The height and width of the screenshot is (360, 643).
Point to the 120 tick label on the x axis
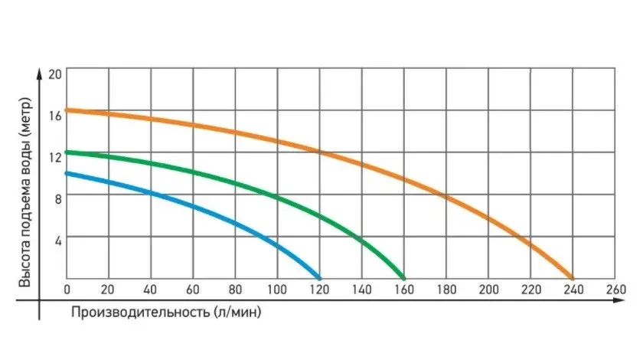pos(320,290)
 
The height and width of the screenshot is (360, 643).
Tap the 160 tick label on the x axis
pos(404,290)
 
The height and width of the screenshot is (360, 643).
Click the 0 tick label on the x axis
pos(67,290)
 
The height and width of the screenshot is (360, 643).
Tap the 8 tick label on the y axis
pos(56,197)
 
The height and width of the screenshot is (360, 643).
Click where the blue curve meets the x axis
pos(319,277)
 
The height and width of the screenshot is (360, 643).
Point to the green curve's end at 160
pos(403,277)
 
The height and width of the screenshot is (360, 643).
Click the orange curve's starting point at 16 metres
pos(67,110)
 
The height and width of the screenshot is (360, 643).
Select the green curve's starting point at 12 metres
pos(67,152)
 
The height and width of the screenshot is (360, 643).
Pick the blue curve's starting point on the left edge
pos(67,173)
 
